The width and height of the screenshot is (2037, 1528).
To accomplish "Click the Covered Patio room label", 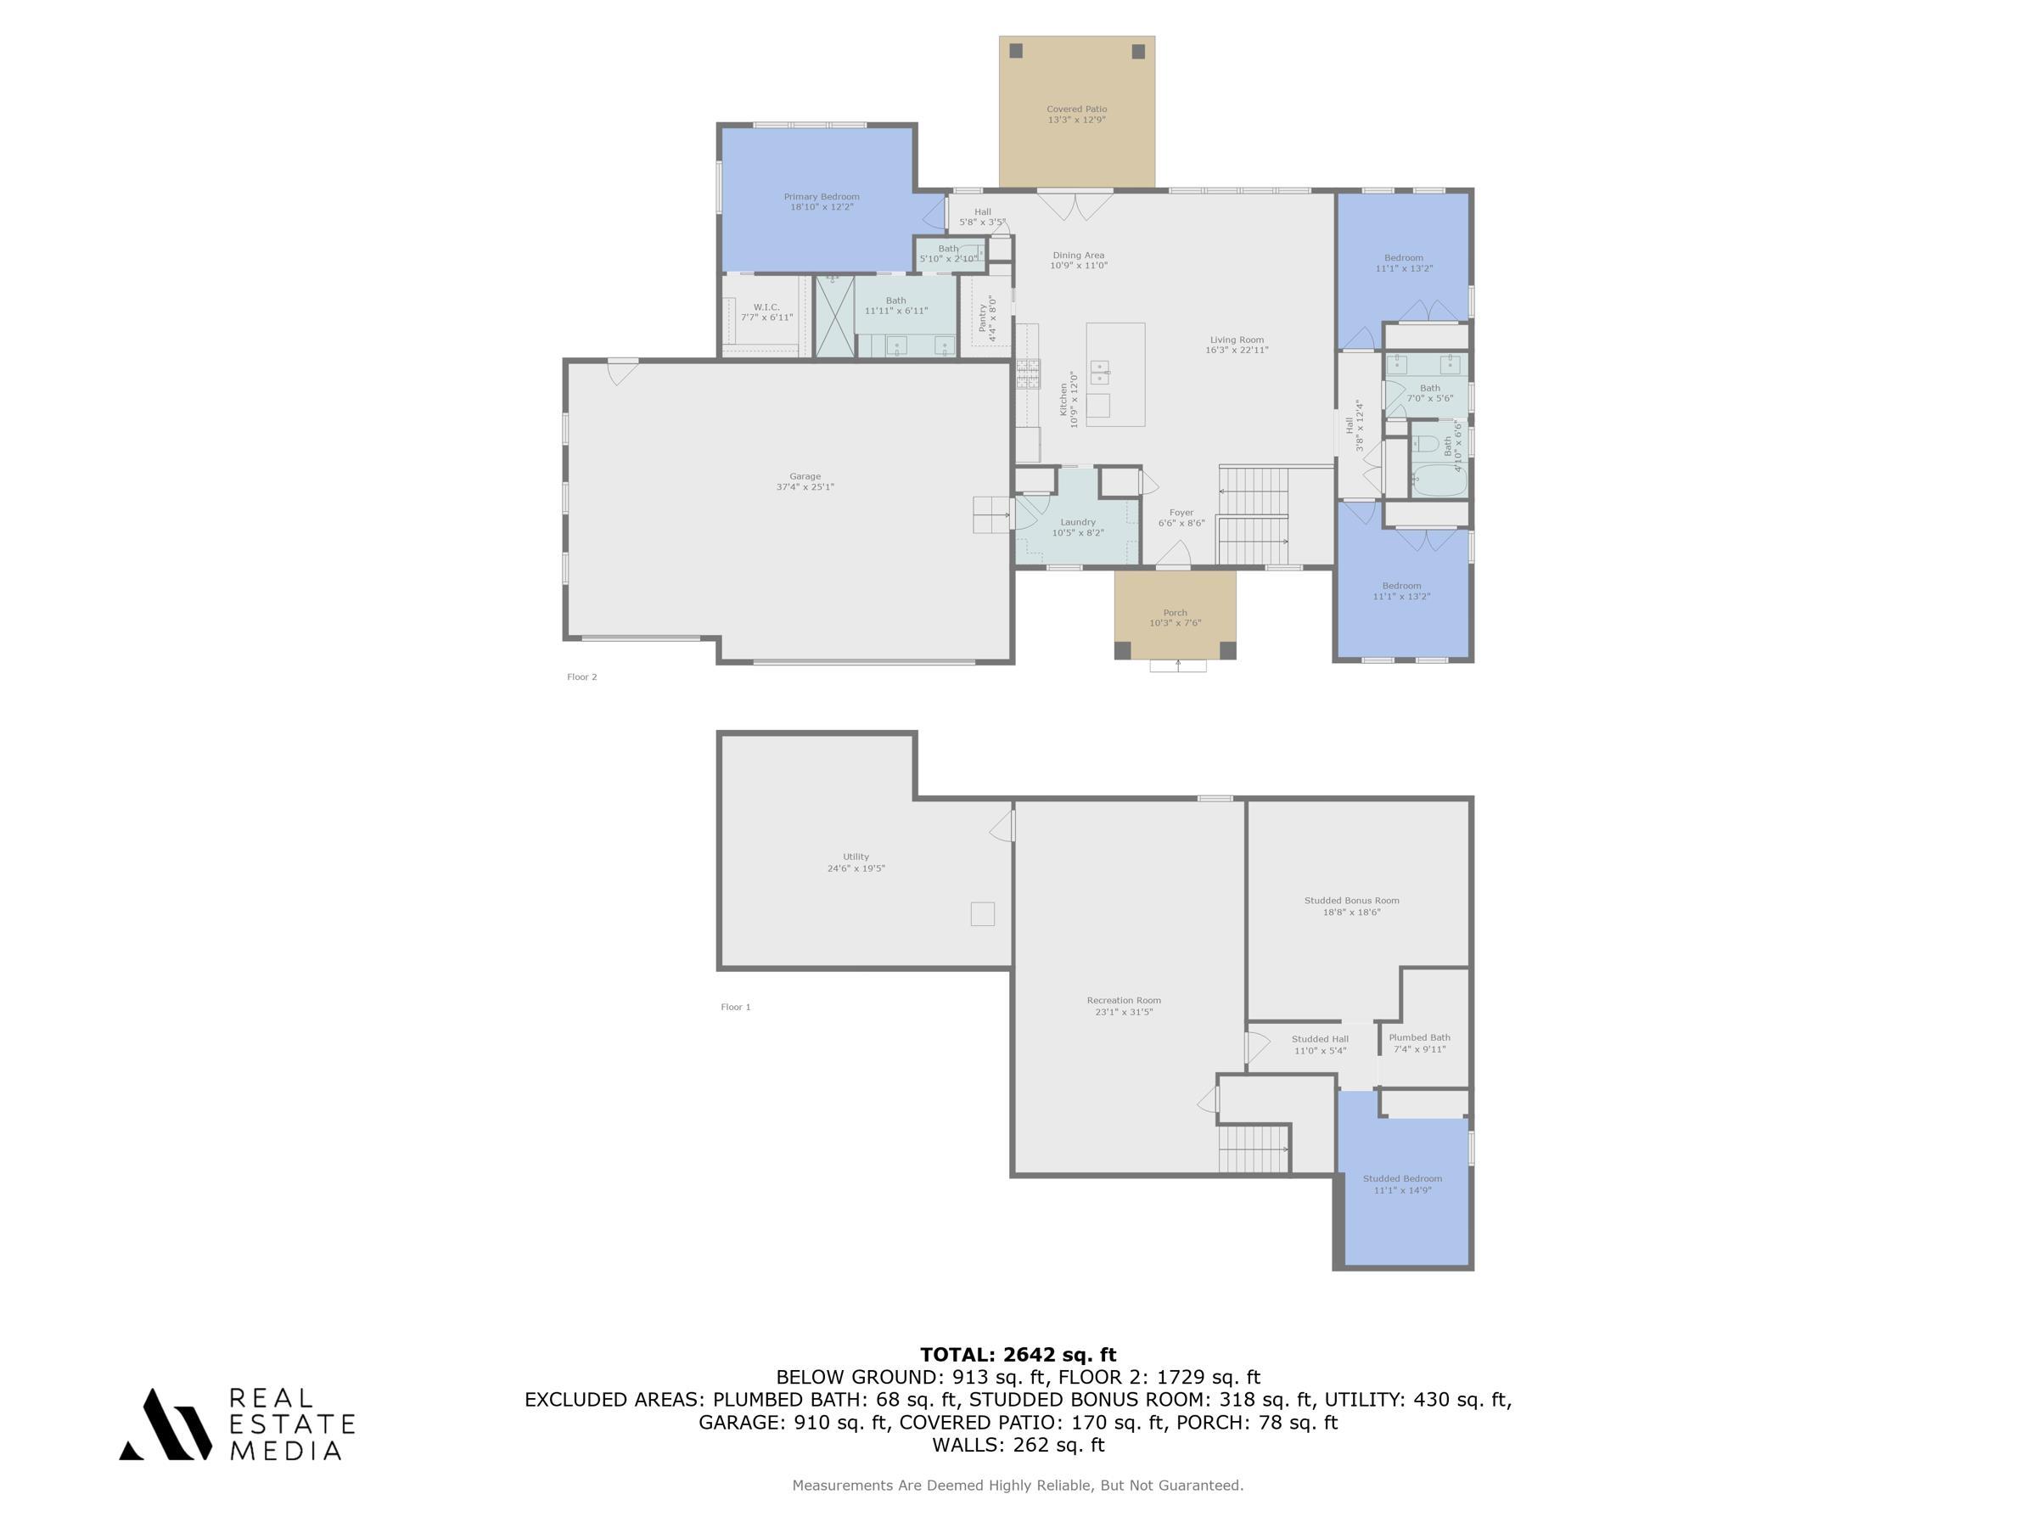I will (1076, 109).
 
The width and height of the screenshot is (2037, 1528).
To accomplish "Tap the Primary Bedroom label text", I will (822, 196).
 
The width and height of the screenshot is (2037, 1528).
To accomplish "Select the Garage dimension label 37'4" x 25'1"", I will (805, 487).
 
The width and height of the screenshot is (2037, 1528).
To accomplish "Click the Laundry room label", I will (1077, 522).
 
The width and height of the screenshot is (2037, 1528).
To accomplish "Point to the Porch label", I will (1175, 613).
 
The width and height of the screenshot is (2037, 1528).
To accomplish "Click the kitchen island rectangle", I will (1115, 374).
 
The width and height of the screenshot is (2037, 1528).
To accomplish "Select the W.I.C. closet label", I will (766, 306).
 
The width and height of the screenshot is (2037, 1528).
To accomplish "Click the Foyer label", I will (1181, 513).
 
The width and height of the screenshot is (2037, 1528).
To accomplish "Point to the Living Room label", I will (1237, 340).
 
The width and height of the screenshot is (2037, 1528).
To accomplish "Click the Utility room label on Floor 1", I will (856, 857).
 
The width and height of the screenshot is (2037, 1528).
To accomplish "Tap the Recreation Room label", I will (1124, 1000).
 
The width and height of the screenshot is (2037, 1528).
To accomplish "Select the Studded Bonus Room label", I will (1352, 901).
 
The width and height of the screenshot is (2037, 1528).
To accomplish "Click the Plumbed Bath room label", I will (1419, 1037).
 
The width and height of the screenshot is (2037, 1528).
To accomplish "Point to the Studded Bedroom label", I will (1402, 1178).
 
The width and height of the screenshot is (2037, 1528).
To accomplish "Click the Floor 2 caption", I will (582, 677).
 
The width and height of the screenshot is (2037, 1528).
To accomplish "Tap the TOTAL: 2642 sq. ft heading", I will (1018, 1355).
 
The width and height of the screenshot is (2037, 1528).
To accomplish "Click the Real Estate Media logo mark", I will (166, 1424).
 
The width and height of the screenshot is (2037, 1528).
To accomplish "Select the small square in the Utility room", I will (983, 913).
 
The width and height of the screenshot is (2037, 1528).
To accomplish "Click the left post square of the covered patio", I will (1016, 51).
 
